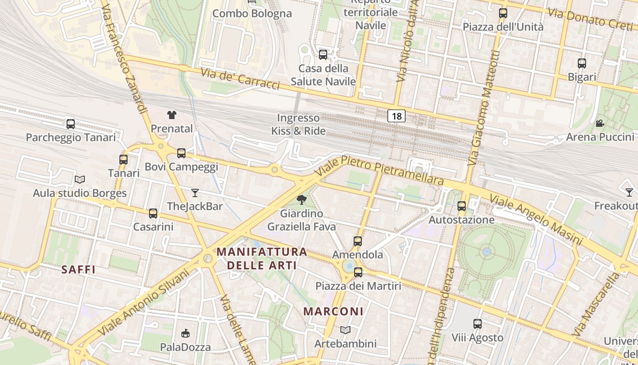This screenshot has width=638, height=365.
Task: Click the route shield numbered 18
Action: [x=396, y=116]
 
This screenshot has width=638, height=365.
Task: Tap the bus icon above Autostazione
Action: [x=462, y=206]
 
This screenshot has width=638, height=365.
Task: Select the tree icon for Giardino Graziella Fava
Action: [x=301, y=199]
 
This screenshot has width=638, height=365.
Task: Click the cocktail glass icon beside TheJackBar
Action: [x=195, y=193]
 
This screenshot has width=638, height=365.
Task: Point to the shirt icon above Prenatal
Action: [x=171, y=115]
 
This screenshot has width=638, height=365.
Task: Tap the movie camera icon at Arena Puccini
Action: [x=600, y=123]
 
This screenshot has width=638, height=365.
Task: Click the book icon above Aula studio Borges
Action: [x=80, y=180]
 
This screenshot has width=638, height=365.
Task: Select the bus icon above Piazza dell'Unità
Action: [x=503, y=13]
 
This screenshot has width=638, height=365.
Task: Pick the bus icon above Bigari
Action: [x=582, y=63]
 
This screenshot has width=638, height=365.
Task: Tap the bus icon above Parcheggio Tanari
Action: [x=71, y=124]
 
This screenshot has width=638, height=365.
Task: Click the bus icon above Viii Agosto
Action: [x=477, y=324]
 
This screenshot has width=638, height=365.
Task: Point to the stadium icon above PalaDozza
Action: [x=185, y=334]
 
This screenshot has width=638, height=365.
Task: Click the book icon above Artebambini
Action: [x=345, y=330]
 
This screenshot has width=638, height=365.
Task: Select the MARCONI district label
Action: [x=334, y=312]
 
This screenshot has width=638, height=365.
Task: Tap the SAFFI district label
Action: [x=78, y=270]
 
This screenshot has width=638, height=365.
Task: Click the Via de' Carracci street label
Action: [x=240, y=78]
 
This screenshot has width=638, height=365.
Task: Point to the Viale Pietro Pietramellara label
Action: [x=379, y=170]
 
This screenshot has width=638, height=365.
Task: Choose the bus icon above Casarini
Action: [x=153, y=213]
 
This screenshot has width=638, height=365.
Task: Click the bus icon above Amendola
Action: [x=358, y=241]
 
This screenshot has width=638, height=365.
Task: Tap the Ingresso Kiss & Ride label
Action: [x=298, y=125]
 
